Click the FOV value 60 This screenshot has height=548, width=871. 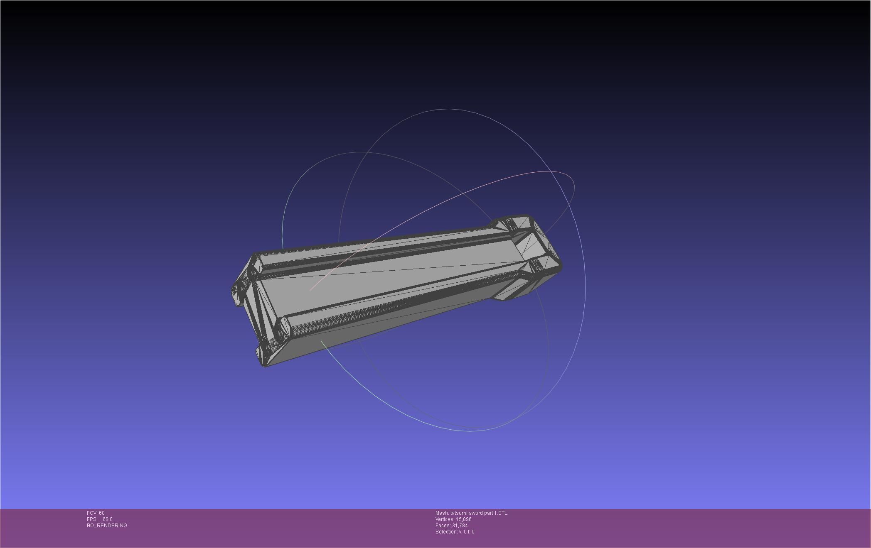(x=102, y=513)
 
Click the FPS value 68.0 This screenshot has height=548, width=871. (x=107, y=519)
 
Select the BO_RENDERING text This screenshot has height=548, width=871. (x=107, y=526)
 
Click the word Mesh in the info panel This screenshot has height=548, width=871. (x=442, y=513)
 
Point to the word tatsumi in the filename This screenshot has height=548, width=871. (x=459, y=513)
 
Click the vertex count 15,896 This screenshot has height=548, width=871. (x=464, y=519)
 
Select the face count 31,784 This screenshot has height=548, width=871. (x=460, y=526)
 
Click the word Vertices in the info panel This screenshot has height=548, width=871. (x=444, y=519)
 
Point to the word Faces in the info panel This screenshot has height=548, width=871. (x=443, y=526)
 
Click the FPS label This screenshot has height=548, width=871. (x=92, y=519)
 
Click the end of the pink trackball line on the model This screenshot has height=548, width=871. (x=310, y=290)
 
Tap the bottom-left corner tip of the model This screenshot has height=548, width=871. (x=264, y=365)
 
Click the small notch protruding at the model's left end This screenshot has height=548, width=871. (x=236, y=293)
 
